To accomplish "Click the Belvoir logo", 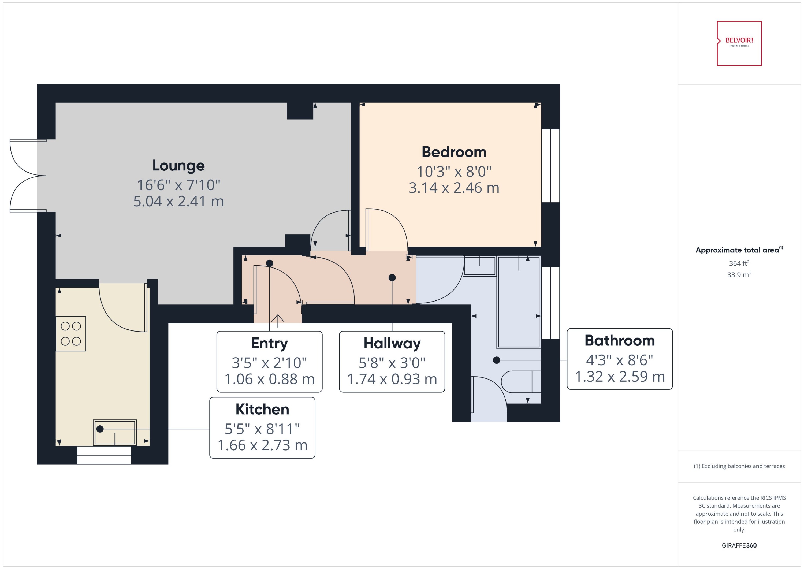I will click(x=739, y=43).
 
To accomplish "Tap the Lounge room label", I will click(x=178, y=166).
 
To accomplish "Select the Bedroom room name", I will click(x=454, y=152).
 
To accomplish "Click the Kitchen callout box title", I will click(x=262, y=409).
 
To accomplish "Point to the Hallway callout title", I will click(x=392, y=343).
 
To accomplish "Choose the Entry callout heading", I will click(x=269, y=343).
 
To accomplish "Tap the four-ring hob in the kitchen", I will click(x=71, y=334).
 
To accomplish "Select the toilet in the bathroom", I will click(x=521, y=382).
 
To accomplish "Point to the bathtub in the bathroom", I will click(x=519, y=302).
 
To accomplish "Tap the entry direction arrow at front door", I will click(x=277, y=320).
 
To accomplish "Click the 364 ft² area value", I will click(x=739, y=263).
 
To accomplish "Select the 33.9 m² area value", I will click(x=739, y=275).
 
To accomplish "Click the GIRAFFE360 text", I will click(x=739, y=545).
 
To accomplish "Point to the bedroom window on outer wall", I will click(x=550, y=166).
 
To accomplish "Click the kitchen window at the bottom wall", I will click(x=104, y=455).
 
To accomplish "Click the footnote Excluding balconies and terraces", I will click(x=739, y=466).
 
